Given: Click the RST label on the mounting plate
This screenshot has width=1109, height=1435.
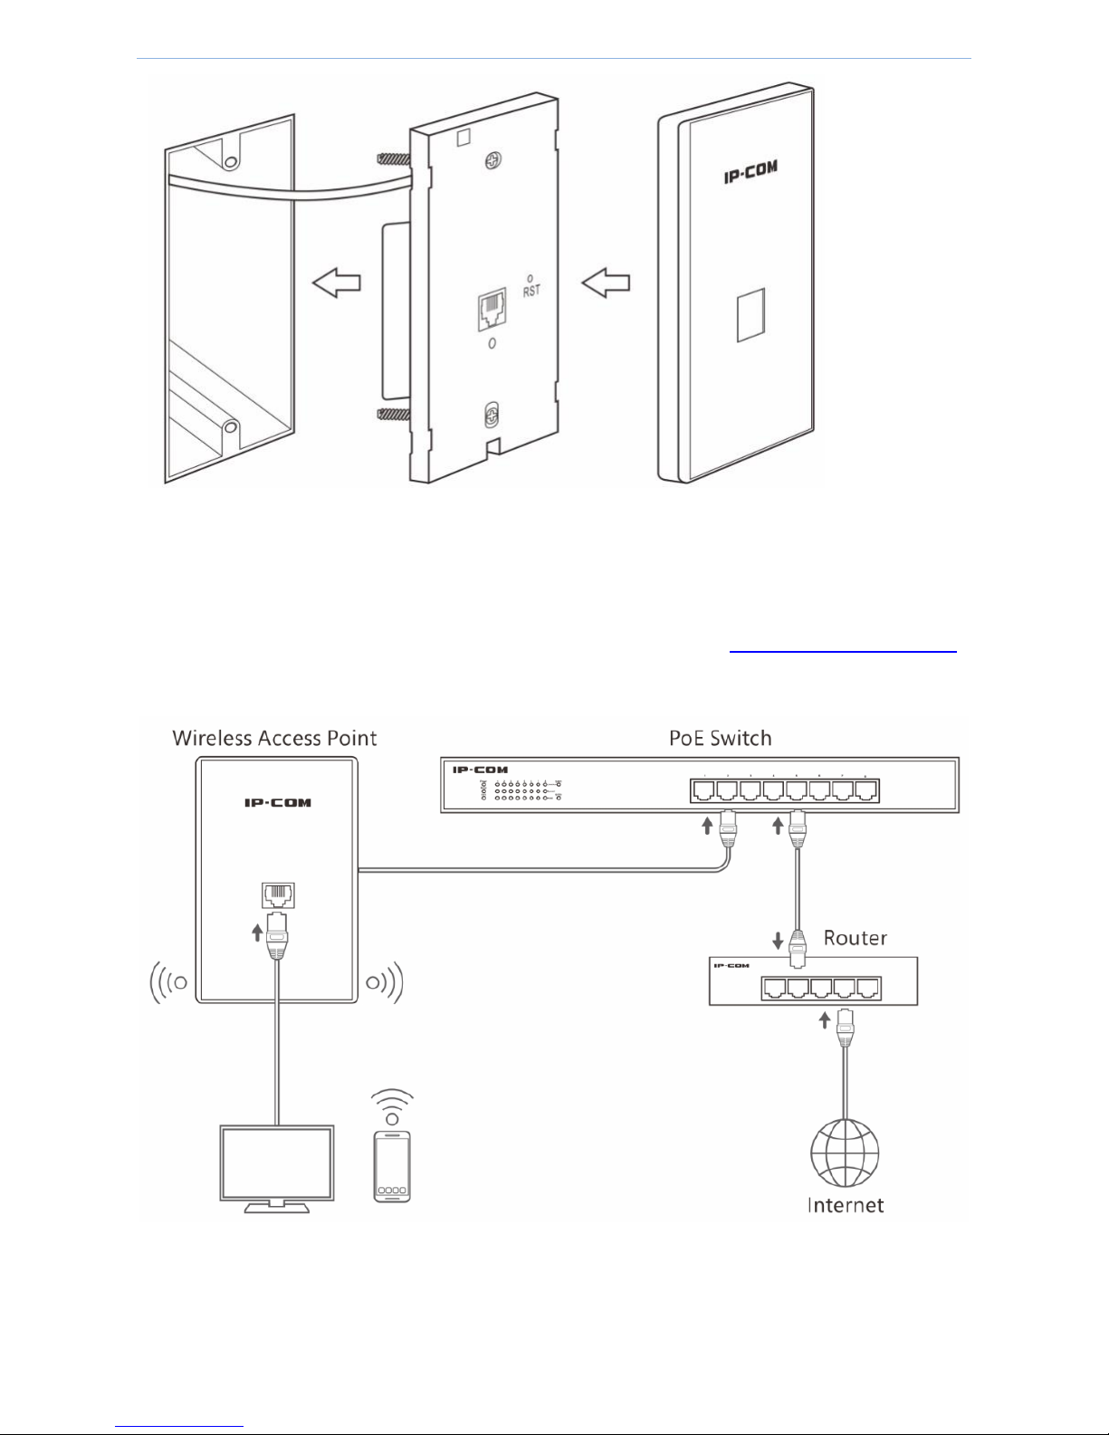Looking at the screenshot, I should coord(531,291).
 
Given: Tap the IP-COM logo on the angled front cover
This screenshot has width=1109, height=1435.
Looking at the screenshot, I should coord(750,171).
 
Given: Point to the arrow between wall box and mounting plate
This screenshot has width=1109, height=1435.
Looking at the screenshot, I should coord(336,282).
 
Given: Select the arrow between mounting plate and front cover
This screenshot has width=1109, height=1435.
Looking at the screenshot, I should coord(605,282).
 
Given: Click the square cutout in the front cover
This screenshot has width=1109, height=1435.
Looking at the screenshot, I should coord(750,315).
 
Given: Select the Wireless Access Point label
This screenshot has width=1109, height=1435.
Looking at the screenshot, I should coord(274,738).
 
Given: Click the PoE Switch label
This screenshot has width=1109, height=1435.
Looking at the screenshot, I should coord(721,738).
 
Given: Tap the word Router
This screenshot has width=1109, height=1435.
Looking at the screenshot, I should coord(855,938).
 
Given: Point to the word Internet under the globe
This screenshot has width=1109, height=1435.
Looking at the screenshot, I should coord(845,1205).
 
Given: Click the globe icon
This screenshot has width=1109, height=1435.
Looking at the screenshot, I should coord(845,1153).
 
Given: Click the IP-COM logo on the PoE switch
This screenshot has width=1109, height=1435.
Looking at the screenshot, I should coord(481,770).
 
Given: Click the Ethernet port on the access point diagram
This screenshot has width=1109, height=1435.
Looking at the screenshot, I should coord(277,895).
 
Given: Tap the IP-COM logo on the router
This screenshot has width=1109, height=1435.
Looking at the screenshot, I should coord(731,966).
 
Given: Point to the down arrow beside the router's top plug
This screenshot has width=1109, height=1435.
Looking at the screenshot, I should coord(778,942).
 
